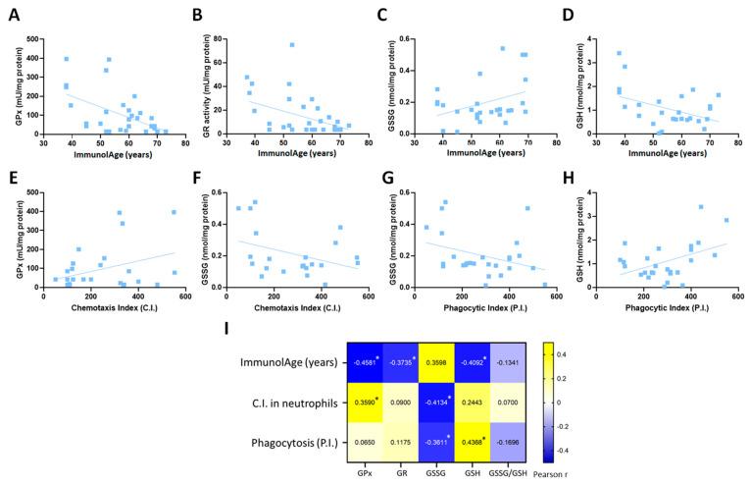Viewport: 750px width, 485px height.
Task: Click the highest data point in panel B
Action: (x=291, y=44)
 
